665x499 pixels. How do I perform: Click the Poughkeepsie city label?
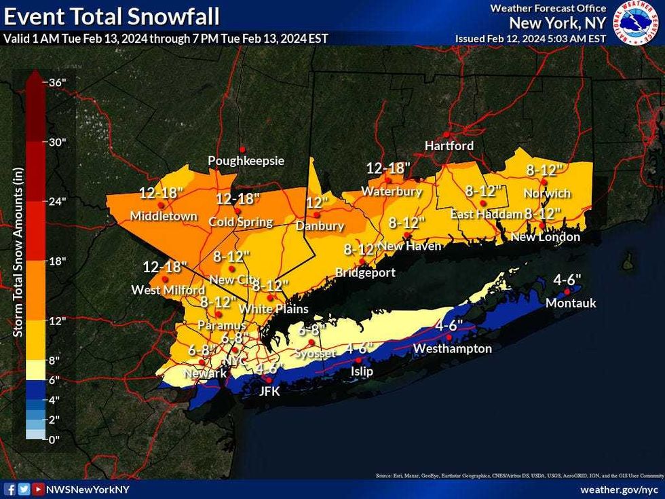point(246,161)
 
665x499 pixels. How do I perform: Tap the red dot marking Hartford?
point(446,134)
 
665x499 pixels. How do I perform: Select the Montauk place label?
point(571,303)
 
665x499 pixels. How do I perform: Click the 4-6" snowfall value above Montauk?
point(567,279)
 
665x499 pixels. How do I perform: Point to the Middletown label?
point(164,217)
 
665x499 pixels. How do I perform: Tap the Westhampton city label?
point(452,348)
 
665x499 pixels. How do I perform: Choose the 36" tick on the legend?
point(57,82)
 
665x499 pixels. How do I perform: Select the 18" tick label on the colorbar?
point(57,261)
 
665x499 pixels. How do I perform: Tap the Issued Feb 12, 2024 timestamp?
point(530,39)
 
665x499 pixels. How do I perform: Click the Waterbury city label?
point(392,191)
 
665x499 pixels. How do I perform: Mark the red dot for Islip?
point(359,360)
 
